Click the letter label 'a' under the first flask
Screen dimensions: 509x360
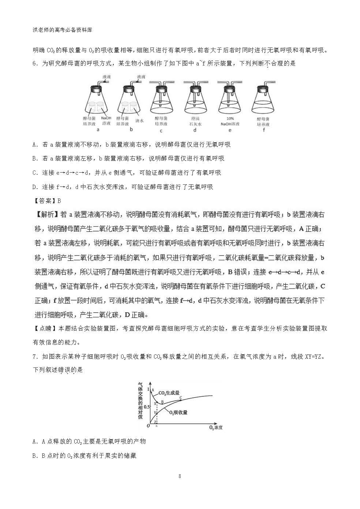click(98, 130)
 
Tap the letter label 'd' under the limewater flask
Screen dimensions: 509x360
click(195, 130)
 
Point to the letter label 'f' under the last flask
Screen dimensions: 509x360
click(264, 130)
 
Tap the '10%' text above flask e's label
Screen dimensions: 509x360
click(230, 118)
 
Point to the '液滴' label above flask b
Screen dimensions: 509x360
click(141, 77)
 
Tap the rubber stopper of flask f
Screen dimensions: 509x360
click(264, 88)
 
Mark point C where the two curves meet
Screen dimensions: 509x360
click(181, 397)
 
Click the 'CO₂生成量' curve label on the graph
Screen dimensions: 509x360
click(169, 393)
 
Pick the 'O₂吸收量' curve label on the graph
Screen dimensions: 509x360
click(178, 412)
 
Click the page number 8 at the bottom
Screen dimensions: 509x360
click(180, 476)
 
